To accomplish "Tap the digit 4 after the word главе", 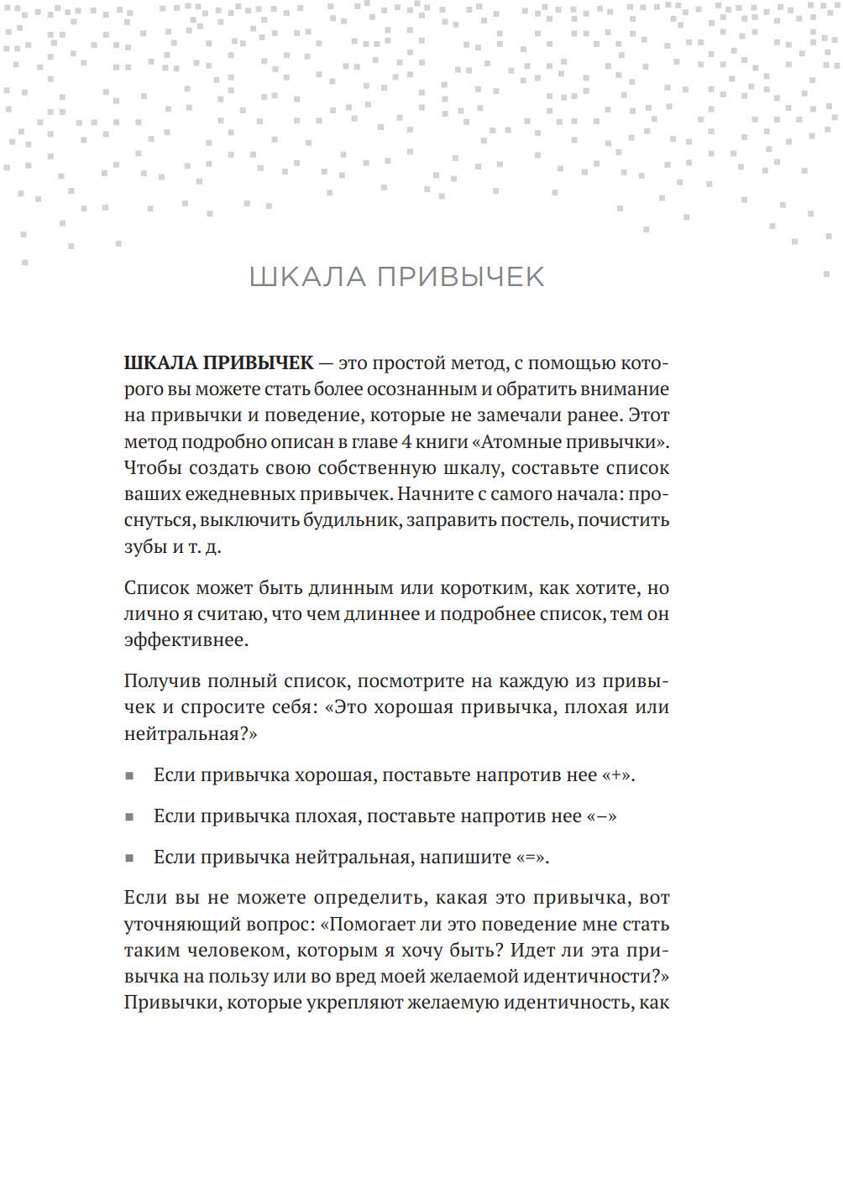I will [406, 441].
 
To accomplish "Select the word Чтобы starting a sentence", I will [154, 468].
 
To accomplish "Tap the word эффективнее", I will [186, 640].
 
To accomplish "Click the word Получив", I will [161, 681].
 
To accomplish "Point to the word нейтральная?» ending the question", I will [191, 734].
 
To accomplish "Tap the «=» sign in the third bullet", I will [531, 857].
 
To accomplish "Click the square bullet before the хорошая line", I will [129, 776].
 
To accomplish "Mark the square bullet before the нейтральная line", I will [129, 858].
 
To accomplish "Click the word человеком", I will [237, 951].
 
